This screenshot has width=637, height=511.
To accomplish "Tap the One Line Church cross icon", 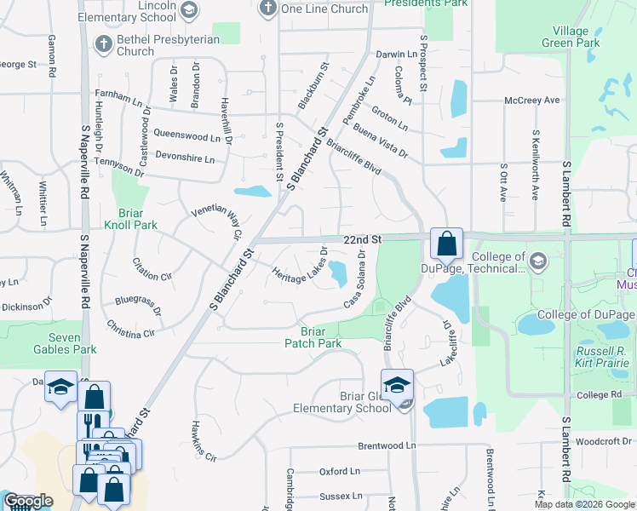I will pos(267,9).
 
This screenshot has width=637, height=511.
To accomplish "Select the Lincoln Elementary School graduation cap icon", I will pos(187,9).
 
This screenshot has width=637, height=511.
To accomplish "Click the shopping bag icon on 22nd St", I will pos(446,244).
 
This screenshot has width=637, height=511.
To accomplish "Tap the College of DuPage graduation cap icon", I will pos(537,259).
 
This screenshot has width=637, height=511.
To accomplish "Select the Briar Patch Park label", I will pos(313,337).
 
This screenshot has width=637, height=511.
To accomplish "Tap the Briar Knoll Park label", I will pos(130,219).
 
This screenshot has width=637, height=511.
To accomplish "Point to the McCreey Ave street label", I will pos(532,100).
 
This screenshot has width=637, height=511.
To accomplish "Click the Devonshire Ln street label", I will pos(186,159).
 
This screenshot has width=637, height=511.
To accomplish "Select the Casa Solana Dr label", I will pos(356,279).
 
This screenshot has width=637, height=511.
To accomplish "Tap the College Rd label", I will pos(598,395).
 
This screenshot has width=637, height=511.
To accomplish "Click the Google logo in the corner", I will pos(28,501).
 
